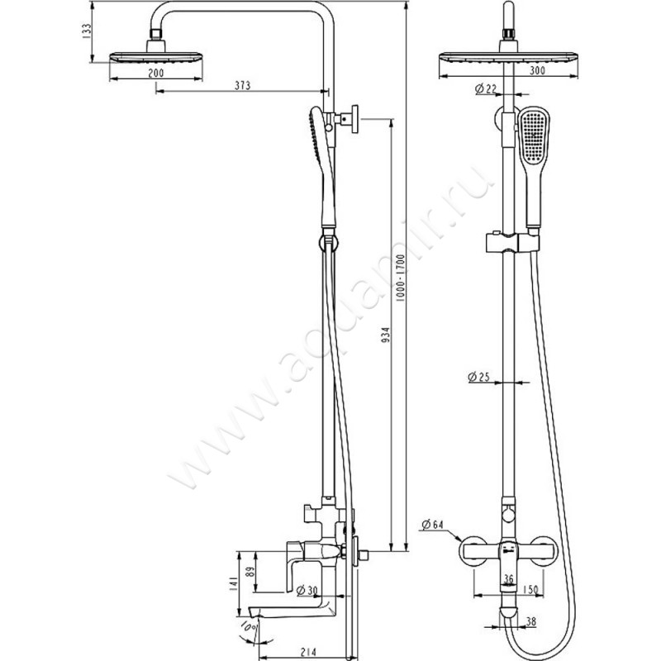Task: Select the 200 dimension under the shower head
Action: point(156,73)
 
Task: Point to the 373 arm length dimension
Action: point(242,84)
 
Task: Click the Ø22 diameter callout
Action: point(487,88)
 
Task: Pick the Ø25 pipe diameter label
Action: point(479,377)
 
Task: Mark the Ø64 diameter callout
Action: point(434,524)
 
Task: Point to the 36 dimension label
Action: point(510,578)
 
